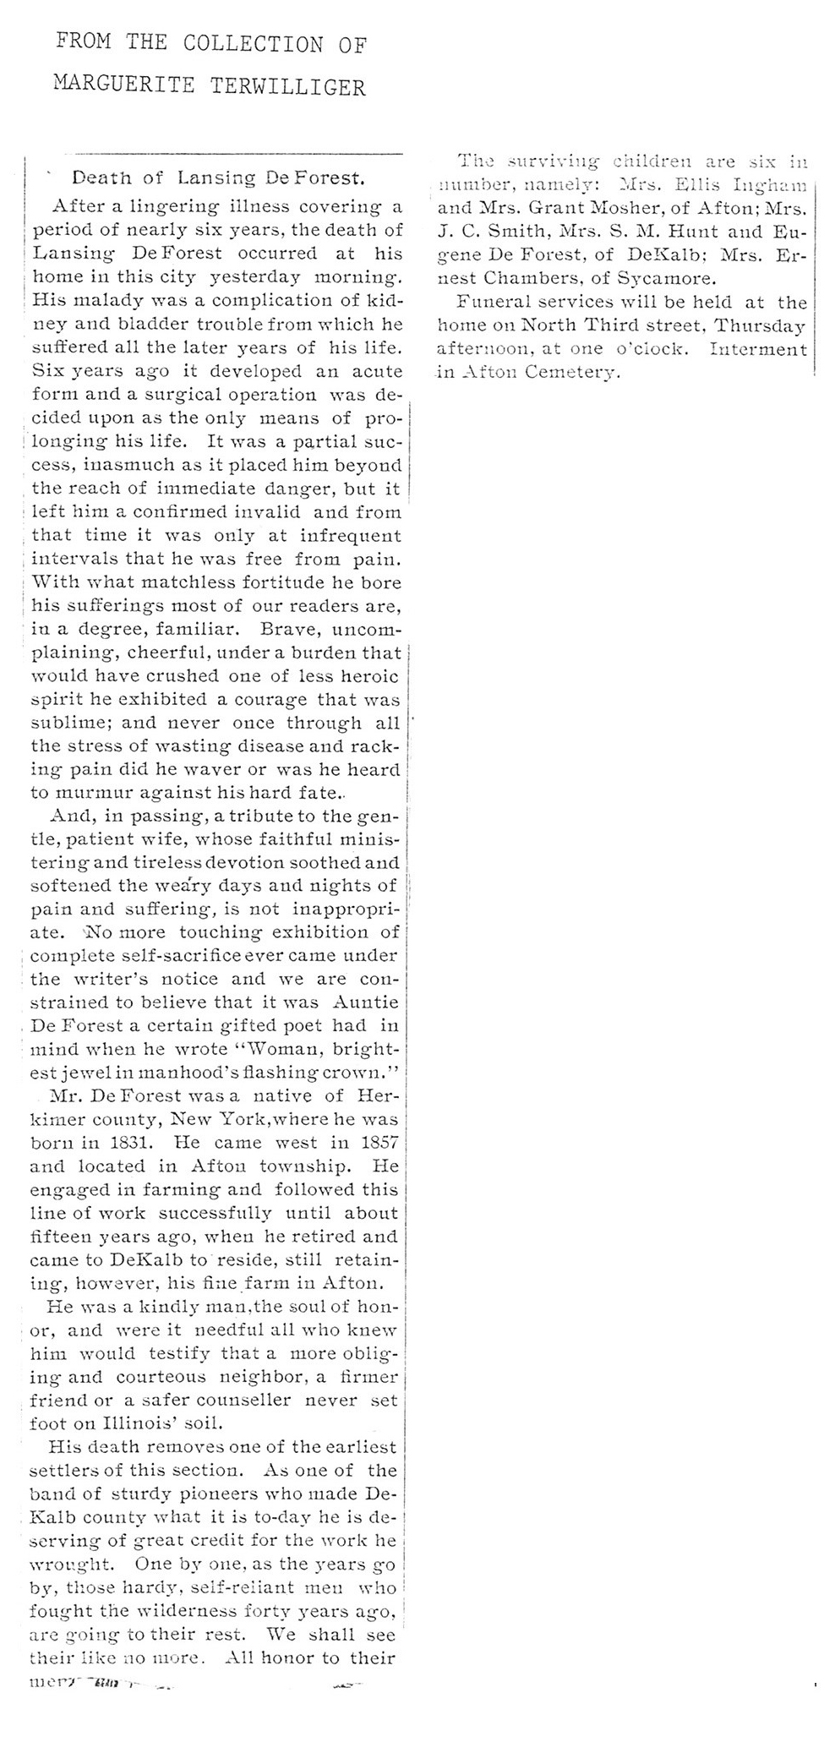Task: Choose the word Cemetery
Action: [574, 372]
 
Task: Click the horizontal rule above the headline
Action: [238, 154]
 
